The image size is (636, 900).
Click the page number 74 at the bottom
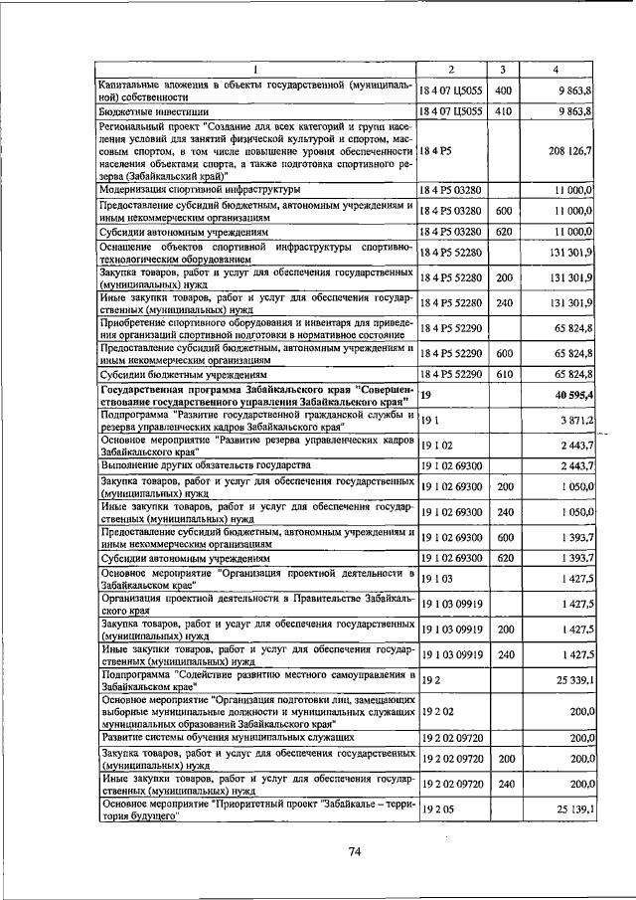click(x=355, y=852)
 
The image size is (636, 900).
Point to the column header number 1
click(x=254, y=69)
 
